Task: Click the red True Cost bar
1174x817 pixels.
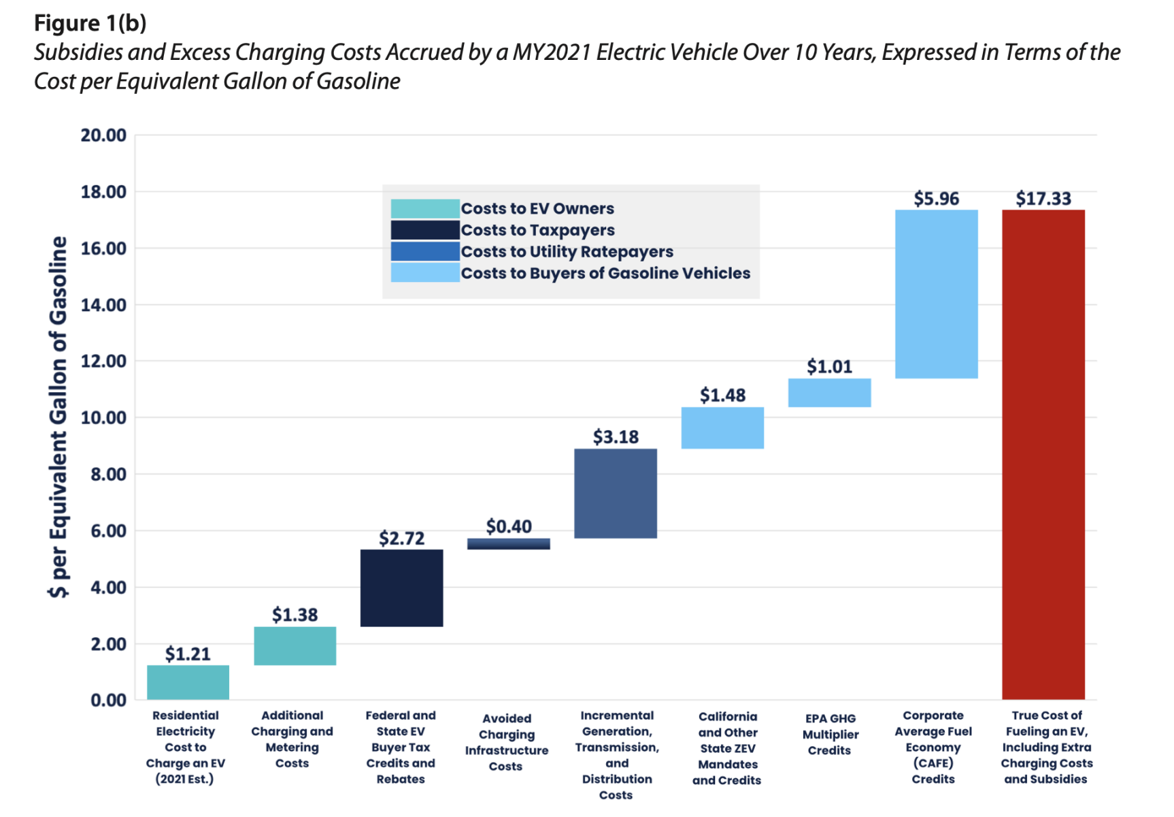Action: pos(1043,454)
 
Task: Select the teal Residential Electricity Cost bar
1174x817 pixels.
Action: pos(188,682)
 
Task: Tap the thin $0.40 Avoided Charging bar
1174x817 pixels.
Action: pos(508,544)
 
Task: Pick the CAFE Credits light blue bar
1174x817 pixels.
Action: pos(936,294)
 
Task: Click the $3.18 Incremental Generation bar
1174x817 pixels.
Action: pos(616,493)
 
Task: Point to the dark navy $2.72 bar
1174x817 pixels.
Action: pos(401,588)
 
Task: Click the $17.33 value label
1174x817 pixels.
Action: pos(1043,199)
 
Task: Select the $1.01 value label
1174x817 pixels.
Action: pos(829,367)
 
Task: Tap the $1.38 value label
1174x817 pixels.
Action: pos(295,615)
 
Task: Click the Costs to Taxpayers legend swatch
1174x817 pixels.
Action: pos(425,230)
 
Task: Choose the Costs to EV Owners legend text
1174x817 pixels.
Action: pos(537,208)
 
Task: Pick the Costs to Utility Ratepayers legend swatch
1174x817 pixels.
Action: pos(425,251)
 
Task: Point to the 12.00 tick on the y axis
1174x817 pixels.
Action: pos(103,362)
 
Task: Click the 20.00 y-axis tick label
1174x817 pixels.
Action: pos(103,135)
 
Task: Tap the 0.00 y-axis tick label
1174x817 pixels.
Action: pos(108,700)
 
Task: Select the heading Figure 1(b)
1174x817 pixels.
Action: pos(90,23)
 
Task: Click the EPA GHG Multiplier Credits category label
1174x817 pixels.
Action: pos(830,734)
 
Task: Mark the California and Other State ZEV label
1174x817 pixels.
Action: pos(727,748)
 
